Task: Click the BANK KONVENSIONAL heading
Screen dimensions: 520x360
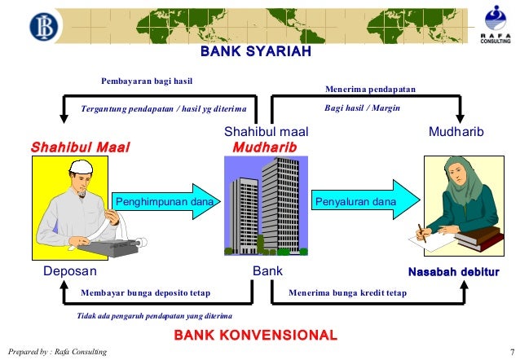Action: [256, 335]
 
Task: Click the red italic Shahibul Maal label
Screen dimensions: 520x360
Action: [80, 147]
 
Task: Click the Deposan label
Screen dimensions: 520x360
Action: [70, 271]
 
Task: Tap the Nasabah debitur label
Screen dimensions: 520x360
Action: [453, 271]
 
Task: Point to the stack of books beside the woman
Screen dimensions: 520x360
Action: [478, 239]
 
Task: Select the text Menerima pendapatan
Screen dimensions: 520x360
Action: [370, 88]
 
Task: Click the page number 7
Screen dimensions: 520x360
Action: [510, 351]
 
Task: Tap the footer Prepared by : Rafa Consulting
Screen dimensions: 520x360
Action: [55, 351]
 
